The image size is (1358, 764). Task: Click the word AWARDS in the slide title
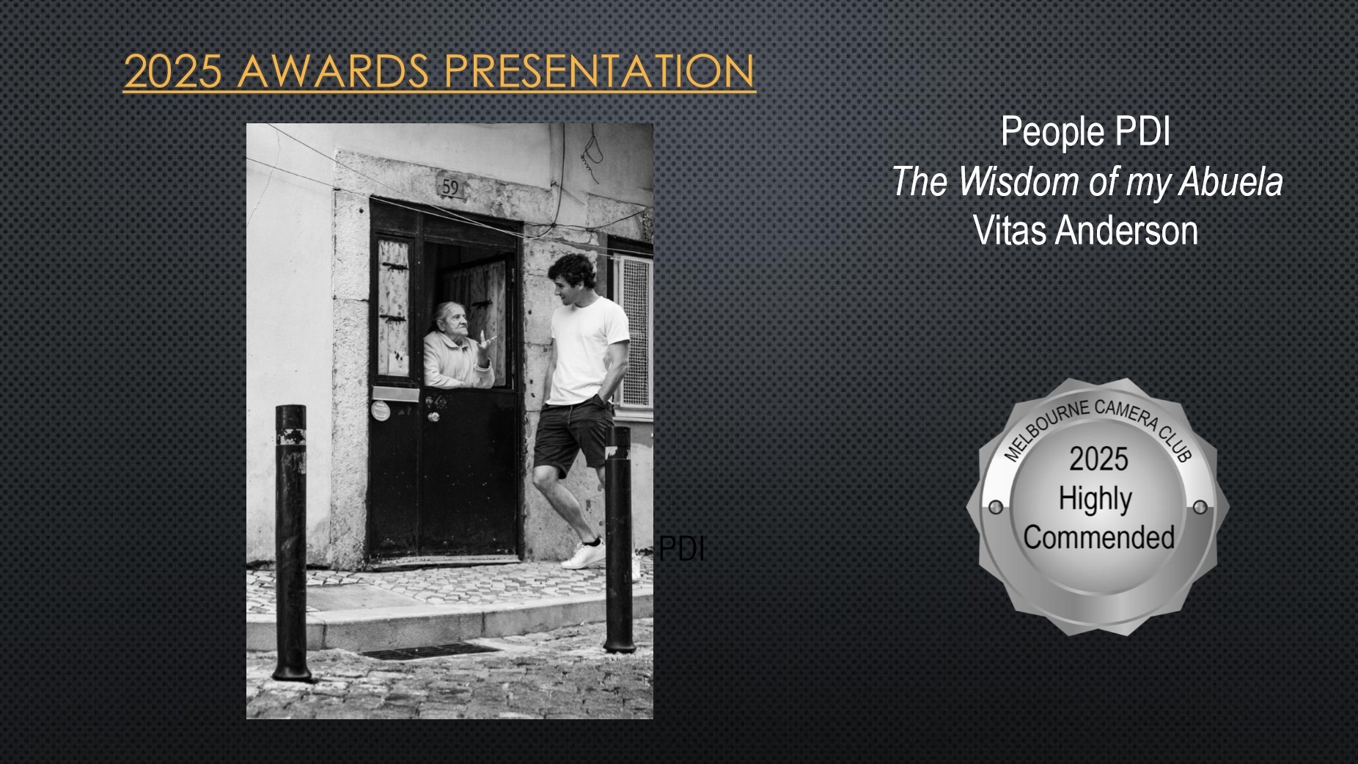point(334,70)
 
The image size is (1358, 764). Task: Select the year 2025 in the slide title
point(172,71)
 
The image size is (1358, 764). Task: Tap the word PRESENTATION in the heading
point(599,70)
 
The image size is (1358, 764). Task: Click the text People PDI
point(1085,132)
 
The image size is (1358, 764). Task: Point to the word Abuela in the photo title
point(1230,181)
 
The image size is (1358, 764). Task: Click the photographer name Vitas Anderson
point(1085,230)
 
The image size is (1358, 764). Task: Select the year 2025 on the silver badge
point(1098,459)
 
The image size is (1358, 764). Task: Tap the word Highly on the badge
point(1095,500)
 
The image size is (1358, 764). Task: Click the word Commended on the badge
point(1098,537)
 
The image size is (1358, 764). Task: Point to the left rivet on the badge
point(996,507)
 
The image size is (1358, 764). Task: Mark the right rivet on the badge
point(1200,507)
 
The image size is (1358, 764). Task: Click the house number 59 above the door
point(450,188)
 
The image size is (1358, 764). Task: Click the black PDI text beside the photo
point(682,548)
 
